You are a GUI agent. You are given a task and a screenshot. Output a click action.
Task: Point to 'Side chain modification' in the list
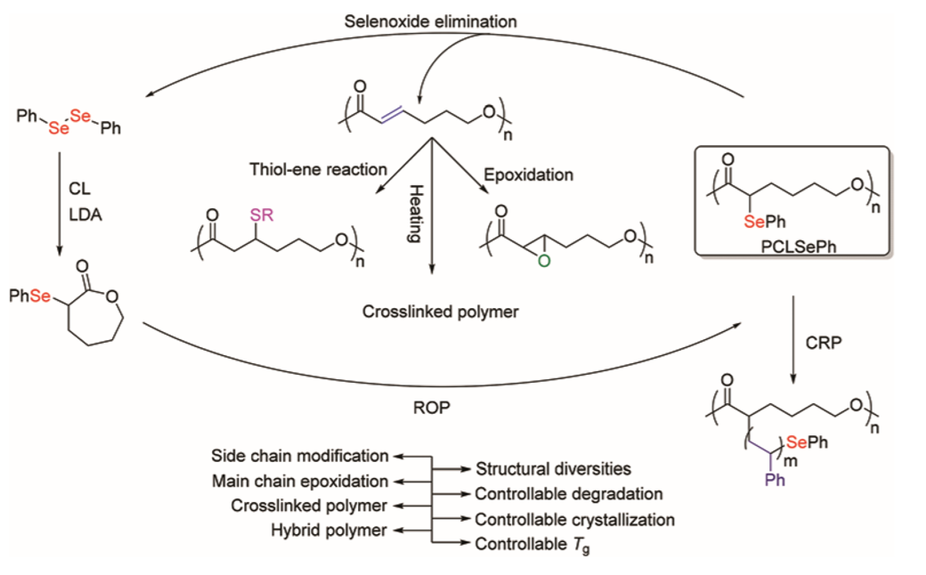click(300, 456)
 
